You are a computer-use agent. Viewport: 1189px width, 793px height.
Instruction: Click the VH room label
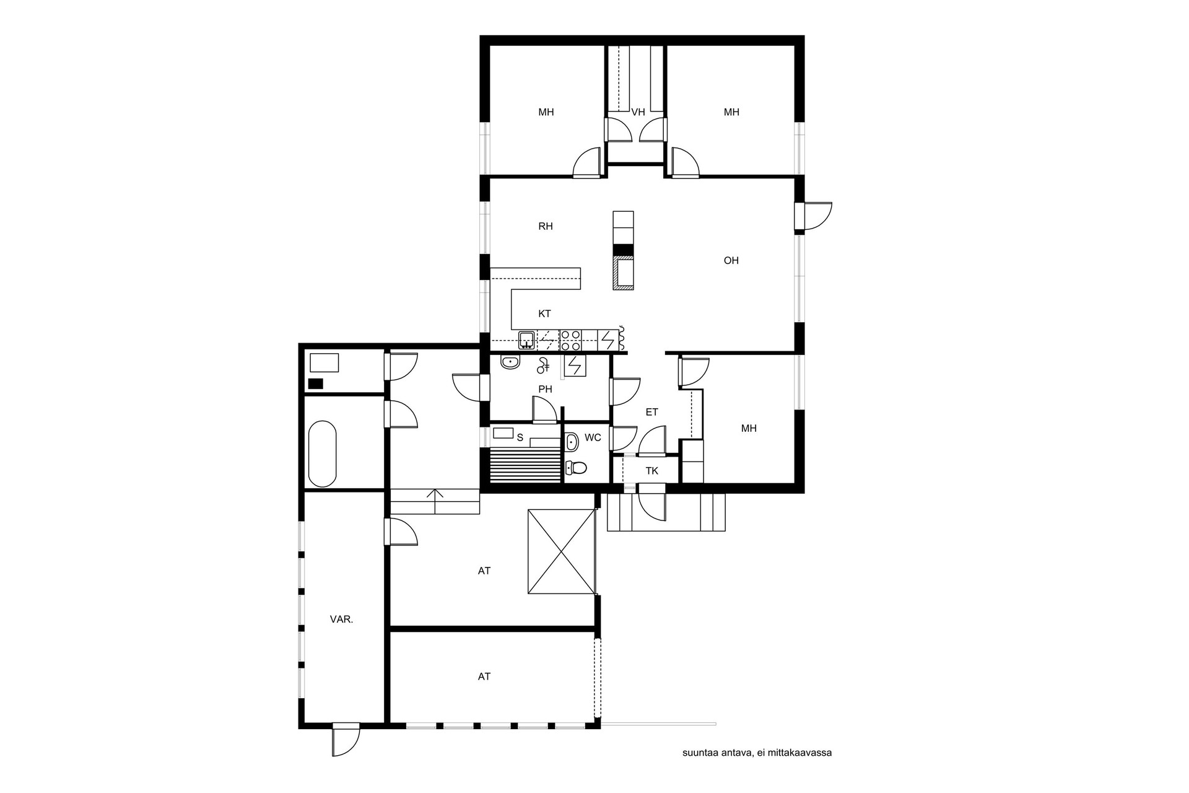click(x=638, y=112)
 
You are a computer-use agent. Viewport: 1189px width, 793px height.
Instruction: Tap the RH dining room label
click(x=546, y=227)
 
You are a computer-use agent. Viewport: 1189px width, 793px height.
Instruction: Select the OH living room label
click(x=731, y=261)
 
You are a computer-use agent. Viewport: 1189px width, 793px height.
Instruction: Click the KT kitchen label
click(x=545, y=314)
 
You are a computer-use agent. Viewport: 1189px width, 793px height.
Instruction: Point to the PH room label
click(x=545, y=390)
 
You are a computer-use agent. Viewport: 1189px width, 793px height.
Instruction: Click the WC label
click(x=593, y=438)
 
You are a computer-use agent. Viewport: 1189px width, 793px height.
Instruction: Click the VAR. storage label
click(x=342, y=619)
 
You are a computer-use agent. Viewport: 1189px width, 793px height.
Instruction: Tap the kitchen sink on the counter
click(x=527, y=340)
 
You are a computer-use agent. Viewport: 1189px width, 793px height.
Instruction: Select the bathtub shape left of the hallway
click(x=323, y=454)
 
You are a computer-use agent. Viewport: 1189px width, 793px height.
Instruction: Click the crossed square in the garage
click(x=560, y=552)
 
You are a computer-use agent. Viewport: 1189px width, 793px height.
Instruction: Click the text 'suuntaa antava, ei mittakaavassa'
click(x=757, y=753)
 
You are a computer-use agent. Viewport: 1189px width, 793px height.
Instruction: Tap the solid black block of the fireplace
click(x=624, y=250)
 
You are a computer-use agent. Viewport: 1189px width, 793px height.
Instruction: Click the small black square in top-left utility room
click(x=316, y=383)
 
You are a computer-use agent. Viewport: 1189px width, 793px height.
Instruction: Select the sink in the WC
click(x=572, y=442)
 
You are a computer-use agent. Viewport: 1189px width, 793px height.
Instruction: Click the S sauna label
click(x=520, y=438)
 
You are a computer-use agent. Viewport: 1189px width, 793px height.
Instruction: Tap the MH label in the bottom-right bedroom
click(x=749, y=429)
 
